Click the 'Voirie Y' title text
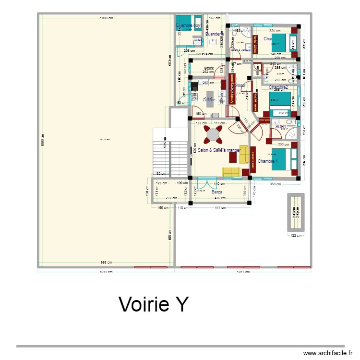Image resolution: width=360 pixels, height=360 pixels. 154,304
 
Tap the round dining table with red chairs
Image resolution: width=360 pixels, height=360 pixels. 213,135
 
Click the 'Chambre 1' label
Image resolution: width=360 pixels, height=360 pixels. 268,161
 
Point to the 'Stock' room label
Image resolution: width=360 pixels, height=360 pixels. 209,68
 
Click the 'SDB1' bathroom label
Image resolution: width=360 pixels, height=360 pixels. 281,127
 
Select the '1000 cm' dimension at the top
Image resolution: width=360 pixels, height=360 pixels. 107,18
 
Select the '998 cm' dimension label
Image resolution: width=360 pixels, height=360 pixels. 107,263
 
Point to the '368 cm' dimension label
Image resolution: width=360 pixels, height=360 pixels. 276,183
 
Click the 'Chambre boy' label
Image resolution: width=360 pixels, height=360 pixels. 188,25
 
